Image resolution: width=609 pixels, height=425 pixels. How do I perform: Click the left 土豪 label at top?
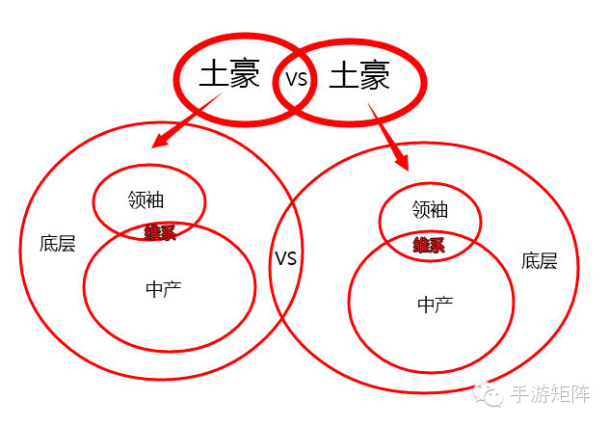[229, 74]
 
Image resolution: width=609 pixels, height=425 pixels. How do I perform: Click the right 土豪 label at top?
[359, 76]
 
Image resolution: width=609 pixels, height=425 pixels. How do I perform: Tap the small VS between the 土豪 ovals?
[296, 79]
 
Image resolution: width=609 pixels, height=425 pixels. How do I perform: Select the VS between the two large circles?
[285, 258]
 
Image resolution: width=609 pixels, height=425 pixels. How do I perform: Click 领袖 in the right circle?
[430, 209]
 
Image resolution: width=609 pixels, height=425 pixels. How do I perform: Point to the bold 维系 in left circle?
[160, 232]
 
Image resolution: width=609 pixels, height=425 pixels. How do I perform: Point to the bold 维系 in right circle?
[429, 245]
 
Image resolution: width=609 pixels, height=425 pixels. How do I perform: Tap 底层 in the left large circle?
[58, 243]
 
